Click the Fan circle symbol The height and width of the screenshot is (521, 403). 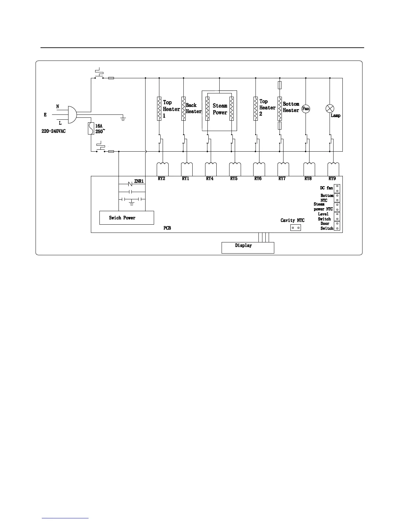click(306, 109)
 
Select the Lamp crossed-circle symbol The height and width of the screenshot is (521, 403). click(330, 108)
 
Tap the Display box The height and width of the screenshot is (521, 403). click(248, 248)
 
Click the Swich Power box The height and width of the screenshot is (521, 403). click(126, 218)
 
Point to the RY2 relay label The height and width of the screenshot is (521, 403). click(161, 179)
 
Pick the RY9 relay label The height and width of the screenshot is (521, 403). click(332, 179)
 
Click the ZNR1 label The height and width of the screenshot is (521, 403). click(139, 181)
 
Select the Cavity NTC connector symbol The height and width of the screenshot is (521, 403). click(295, 228)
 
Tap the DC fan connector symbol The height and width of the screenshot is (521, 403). click(337, 188)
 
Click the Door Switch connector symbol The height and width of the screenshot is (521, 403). click(337, 226)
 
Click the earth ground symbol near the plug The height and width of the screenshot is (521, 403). click(123, 118)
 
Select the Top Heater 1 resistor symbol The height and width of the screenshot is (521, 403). click(159, 109)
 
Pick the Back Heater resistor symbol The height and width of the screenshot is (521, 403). click(183, 109)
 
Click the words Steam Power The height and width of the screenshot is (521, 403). click(220, 109)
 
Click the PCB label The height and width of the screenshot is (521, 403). click(167, 228)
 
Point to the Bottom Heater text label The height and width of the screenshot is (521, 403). click(291, 107)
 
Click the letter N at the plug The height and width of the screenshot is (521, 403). click(58, 107)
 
